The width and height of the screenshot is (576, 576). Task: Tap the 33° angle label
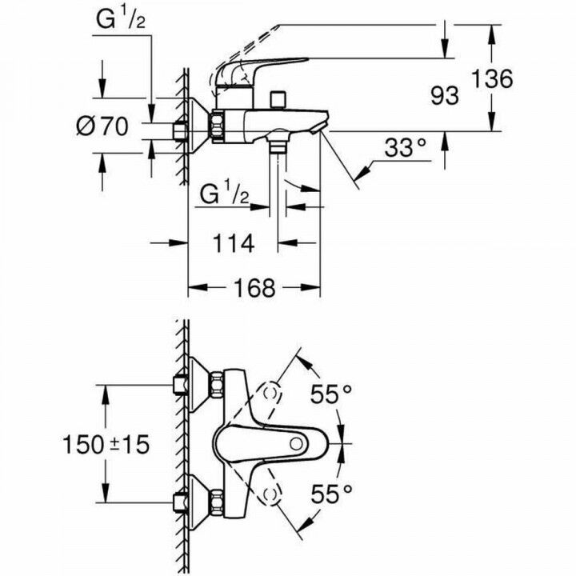click(x=405, y=148)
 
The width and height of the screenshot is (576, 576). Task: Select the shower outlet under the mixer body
click(x=278, y=147)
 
